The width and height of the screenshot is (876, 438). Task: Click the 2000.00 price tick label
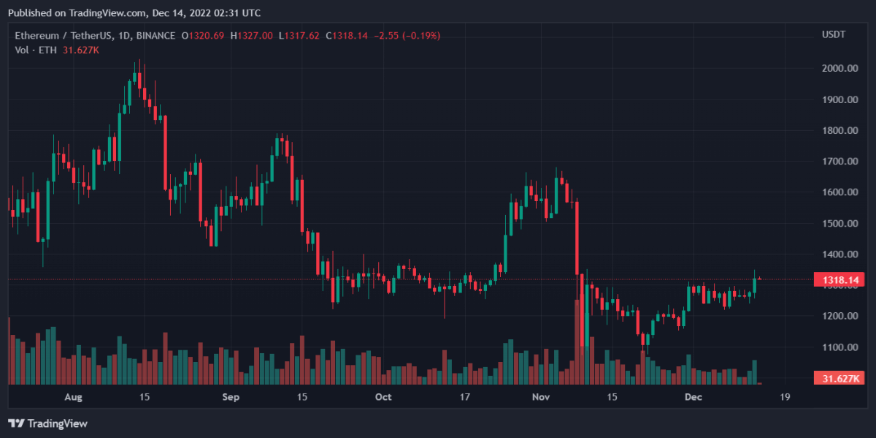[x=840, y=69]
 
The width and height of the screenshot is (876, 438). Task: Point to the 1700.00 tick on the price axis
[x=840, y=162]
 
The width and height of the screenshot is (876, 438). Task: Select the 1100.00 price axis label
[x=840, y=347]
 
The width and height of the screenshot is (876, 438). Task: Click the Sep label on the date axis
[x=231, y=397]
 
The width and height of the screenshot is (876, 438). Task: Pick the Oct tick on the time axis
[x=383, y=397]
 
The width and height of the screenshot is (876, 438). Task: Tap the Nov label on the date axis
[x=541, y=397]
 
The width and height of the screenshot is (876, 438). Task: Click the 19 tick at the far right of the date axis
[x=785, y=397]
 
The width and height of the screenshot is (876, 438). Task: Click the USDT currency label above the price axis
[x=834, y=35]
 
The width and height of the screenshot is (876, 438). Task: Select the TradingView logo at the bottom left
[x=47, y=423]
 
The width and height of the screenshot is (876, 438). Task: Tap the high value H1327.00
[x=251, y=35]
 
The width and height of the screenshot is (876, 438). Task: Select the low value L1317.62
[x=299, y=35]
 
